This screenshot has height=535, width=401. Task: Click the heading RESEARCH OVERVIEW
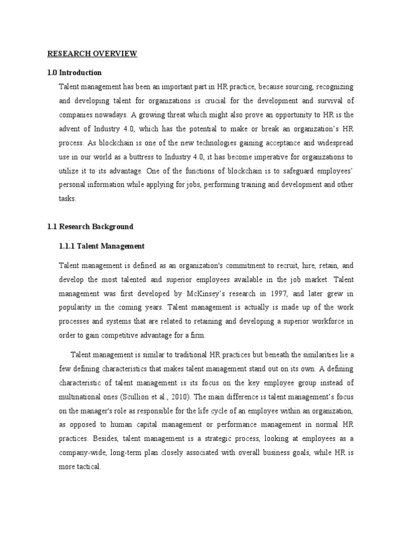coord(92,54)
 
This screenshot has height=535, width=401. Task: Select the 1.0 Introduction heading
coord(75,73)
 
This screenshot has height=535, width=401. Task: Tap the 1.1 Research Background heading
coord(90,227)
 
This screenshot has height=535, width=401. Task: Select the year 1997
coord(280,294)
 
